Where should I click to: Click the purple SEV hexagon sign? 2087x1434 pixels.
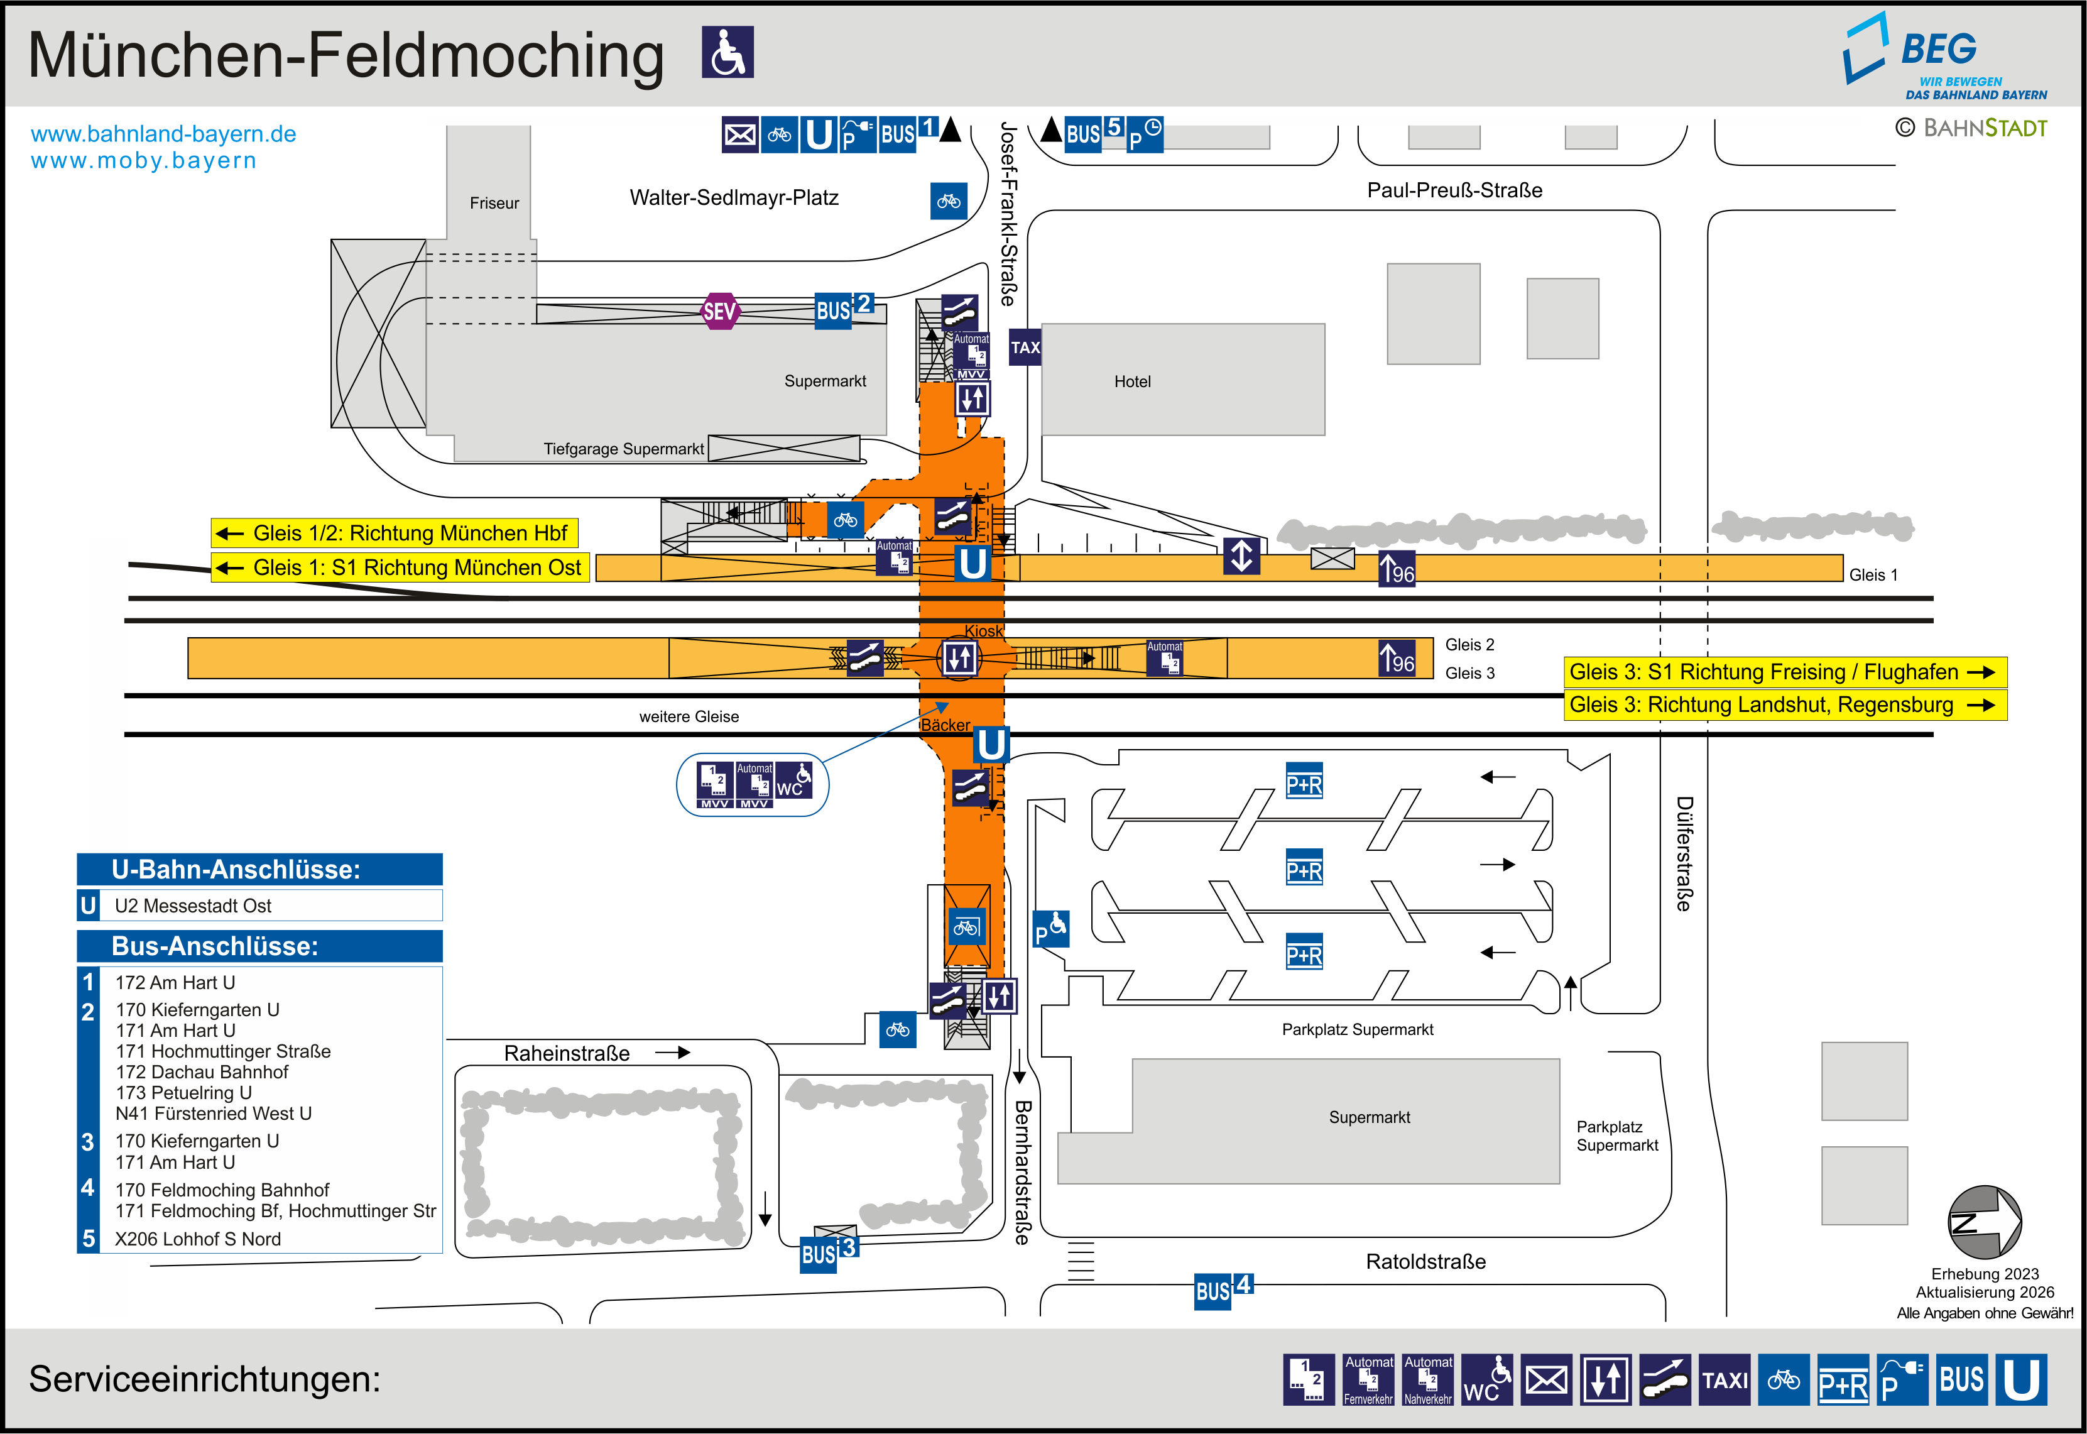pyautogui.click(x=719, y=311)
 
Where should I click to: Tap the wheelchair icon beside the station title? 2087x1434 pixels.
pyautogui.click(x=727, y=52)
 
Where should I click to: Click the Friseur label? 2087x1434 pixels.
pyautogui.click(x=494, y=203)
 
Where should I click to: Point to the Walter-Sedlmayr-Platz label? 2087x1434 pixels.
pyautogui.click(x=734, y=198)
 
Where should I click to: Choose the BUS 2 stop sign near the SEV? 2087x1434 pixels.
pyautogui.click(x=842, y=309)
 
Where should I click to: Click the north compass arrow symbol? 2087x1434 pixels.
pyautogui.click(x=1984, y=1222)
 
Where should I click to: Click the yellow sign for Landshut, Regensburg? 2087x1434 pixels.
pyautogui.click(x=1784, y=705)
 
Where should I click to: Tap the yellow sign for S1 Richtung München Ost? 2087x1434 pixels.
pyautogui.click(x=401, y=568)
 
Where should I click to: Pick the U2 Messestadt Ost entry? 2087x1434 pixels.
pyautogui.click(x=193, y=906)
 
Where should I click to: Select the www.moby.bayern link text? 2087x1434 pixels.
pyautogui.click(x=144, y=161)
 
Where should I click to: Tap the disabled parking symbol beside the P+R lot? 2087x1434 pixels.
pyautogui.click(x=1050, y=929)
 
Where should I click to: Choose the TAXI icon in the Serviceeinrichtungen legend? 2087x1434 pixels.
pyautogui.click(x=1725, y=1379)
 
